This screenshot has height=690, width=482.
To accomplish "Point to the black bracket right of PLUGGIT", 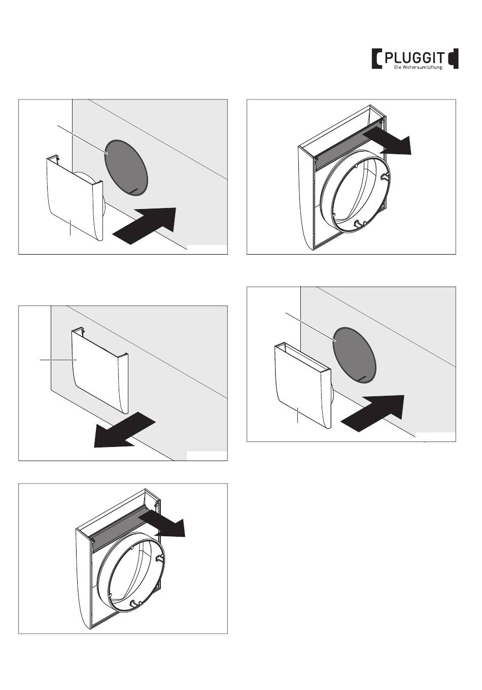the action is pos(454,58).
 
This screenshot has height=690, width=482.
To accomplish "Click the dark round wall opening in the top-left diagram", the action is pos(127,166).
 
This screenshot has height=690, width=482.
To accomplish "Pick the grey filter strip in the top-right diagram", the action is pos(345,145).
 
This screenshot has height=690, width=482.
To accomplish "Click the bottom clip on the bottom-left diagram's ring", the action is pos(135,604).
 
